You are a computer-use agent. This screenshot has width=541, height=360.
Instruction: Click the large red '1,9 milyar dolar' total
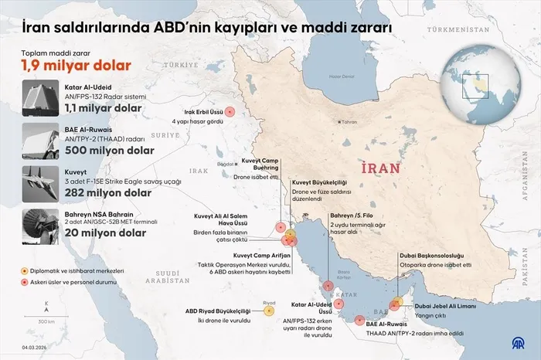point(76,66)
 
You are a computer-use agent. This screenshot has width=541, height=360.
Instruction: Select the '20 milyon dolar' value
point(106,232)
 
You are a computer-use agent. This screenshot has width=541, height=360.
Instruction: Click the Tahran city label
point(349,122)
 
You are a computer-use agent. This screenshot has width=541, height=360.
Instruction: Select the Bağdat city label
point(225,164)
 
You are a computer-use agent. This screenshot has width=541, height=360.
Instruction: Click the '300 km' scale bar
point(46,318)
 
